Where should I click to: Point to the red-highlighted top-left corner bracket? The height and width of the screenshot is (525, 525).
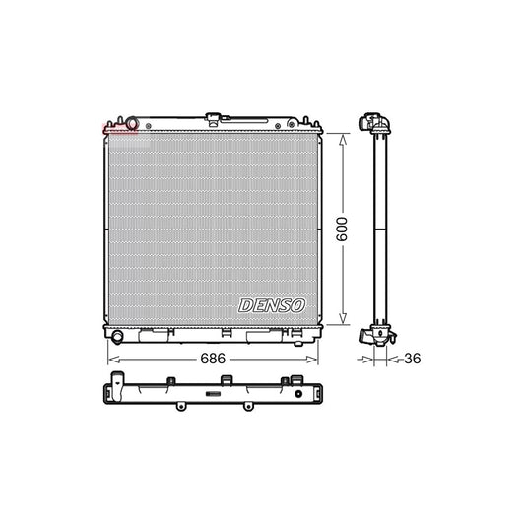(111, 126)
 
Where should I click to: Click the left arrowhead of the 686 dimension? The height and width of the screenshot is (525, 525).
(107, 361)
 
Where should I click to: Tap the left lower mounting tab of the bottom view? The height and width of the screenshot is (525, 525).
(179, 406)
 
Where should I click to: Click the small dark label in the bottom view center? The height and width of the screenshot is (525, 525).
(211, 394)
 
